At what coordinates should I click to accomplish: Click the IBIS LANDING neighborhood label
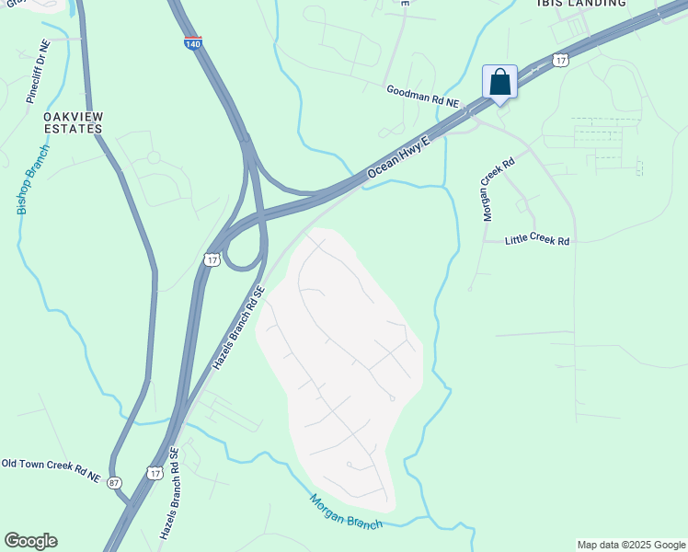(x=580, y=4)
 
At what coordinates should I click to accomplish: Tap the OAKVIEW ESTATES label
(x=73, y=122)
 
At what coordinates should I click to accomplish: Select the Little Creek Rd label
(x=537, y=241)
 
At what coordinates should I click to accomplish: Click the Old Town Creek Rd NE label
(x=51, y=470)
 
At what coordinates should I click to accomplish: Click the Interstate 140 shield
(x=193, y=43)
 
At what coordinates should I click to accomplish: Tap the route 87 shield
(x=114, y=482)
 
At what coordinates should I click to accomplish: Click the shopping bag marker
(x=499, y=82)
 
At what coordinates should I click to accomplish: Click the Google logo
(x=30, y=541)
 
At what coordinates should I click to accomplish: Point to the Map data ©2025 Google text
(x=630, y=545)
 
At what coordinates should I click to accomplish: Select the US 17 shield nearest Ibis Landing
(x=560, y=60)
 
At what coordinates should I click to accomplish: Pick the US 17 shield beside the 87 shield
(x=155, y=472)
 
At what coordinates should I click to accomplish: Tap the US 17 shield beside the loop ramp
(x=212, y=260)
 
